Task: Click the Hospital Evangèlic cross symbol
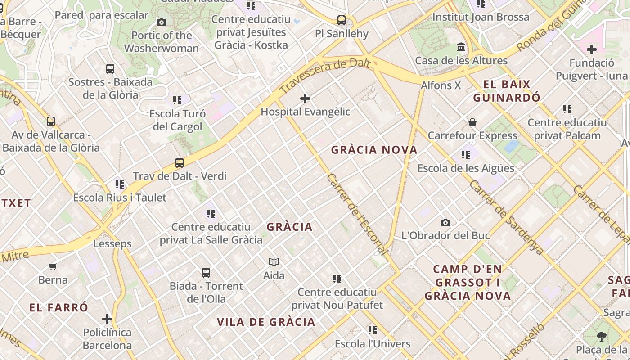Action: (305, 98)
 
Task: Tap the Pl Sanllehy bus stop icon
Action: (342, 20)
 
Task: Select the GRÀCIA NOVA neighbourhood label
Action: (374, 150)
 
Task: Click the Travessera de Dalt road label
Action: (325, 75)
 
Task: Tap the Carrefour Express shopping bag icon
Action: (472, 122)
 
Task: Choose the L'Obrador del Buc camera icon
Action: (445, 222)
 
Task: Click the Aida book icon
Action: (274, 262)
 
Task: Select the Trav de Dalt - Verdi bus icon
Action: (180, 163)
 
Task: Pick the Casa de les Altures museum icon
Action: (461, 47)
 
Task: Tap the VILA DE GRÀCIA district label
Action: (266, 322)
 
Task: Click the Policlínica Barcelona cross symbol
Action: (107, 319)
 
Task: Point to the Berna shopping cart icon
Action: (53, 266)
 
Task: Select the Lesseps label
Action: (112, 244)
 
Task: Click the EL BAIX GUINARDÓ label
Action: (507, 91)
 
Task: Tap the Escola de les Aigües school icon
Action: (466, 155)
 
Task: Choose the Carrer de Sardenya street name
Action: (506, 217)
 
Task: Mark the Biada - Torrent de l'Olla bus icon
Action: (206, 273)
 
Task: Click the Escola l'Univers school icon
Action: (373, 330)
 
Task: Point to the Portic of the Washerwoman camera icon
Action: (162, 22)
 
